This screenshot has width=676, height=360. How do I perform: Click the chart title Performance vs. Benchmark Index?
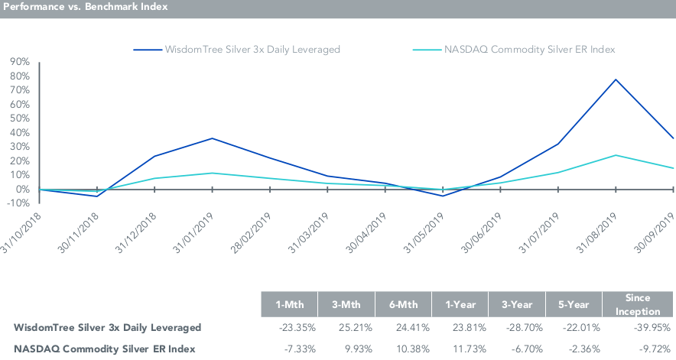coord(85,7)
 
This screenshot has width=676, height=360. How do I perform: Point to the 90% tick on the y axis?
coord(19,61)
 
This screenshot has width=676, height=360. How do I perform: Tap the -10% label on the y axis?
coord(19,203)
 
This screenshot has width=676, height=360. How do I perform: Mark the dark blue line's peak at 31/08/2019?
coord(616,79)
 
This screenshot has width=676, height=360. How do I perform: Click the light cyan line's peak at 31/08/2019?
coord(616,155)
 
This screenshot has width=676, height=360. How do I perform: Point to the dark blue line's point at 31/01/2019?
coord(212,138)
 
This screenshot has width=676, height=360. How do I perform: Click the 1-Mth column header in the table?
coord(289,303)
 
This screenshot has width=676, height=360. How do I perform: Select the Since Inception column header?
coord(639,303)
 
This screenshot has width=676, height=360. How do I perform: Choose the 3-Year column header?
coord(517,303)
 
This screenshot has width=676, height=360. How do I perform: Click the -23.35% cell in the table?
coord(289,328)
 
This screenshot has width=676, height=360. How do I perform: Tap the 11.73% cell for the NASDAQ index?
coord(461,349)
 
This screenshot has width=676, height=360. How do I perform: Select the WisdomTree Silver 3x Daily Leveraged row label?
coord(108,328)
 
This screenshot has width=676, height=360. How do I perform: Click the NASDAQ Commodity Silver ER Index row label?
coord(104,349)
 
